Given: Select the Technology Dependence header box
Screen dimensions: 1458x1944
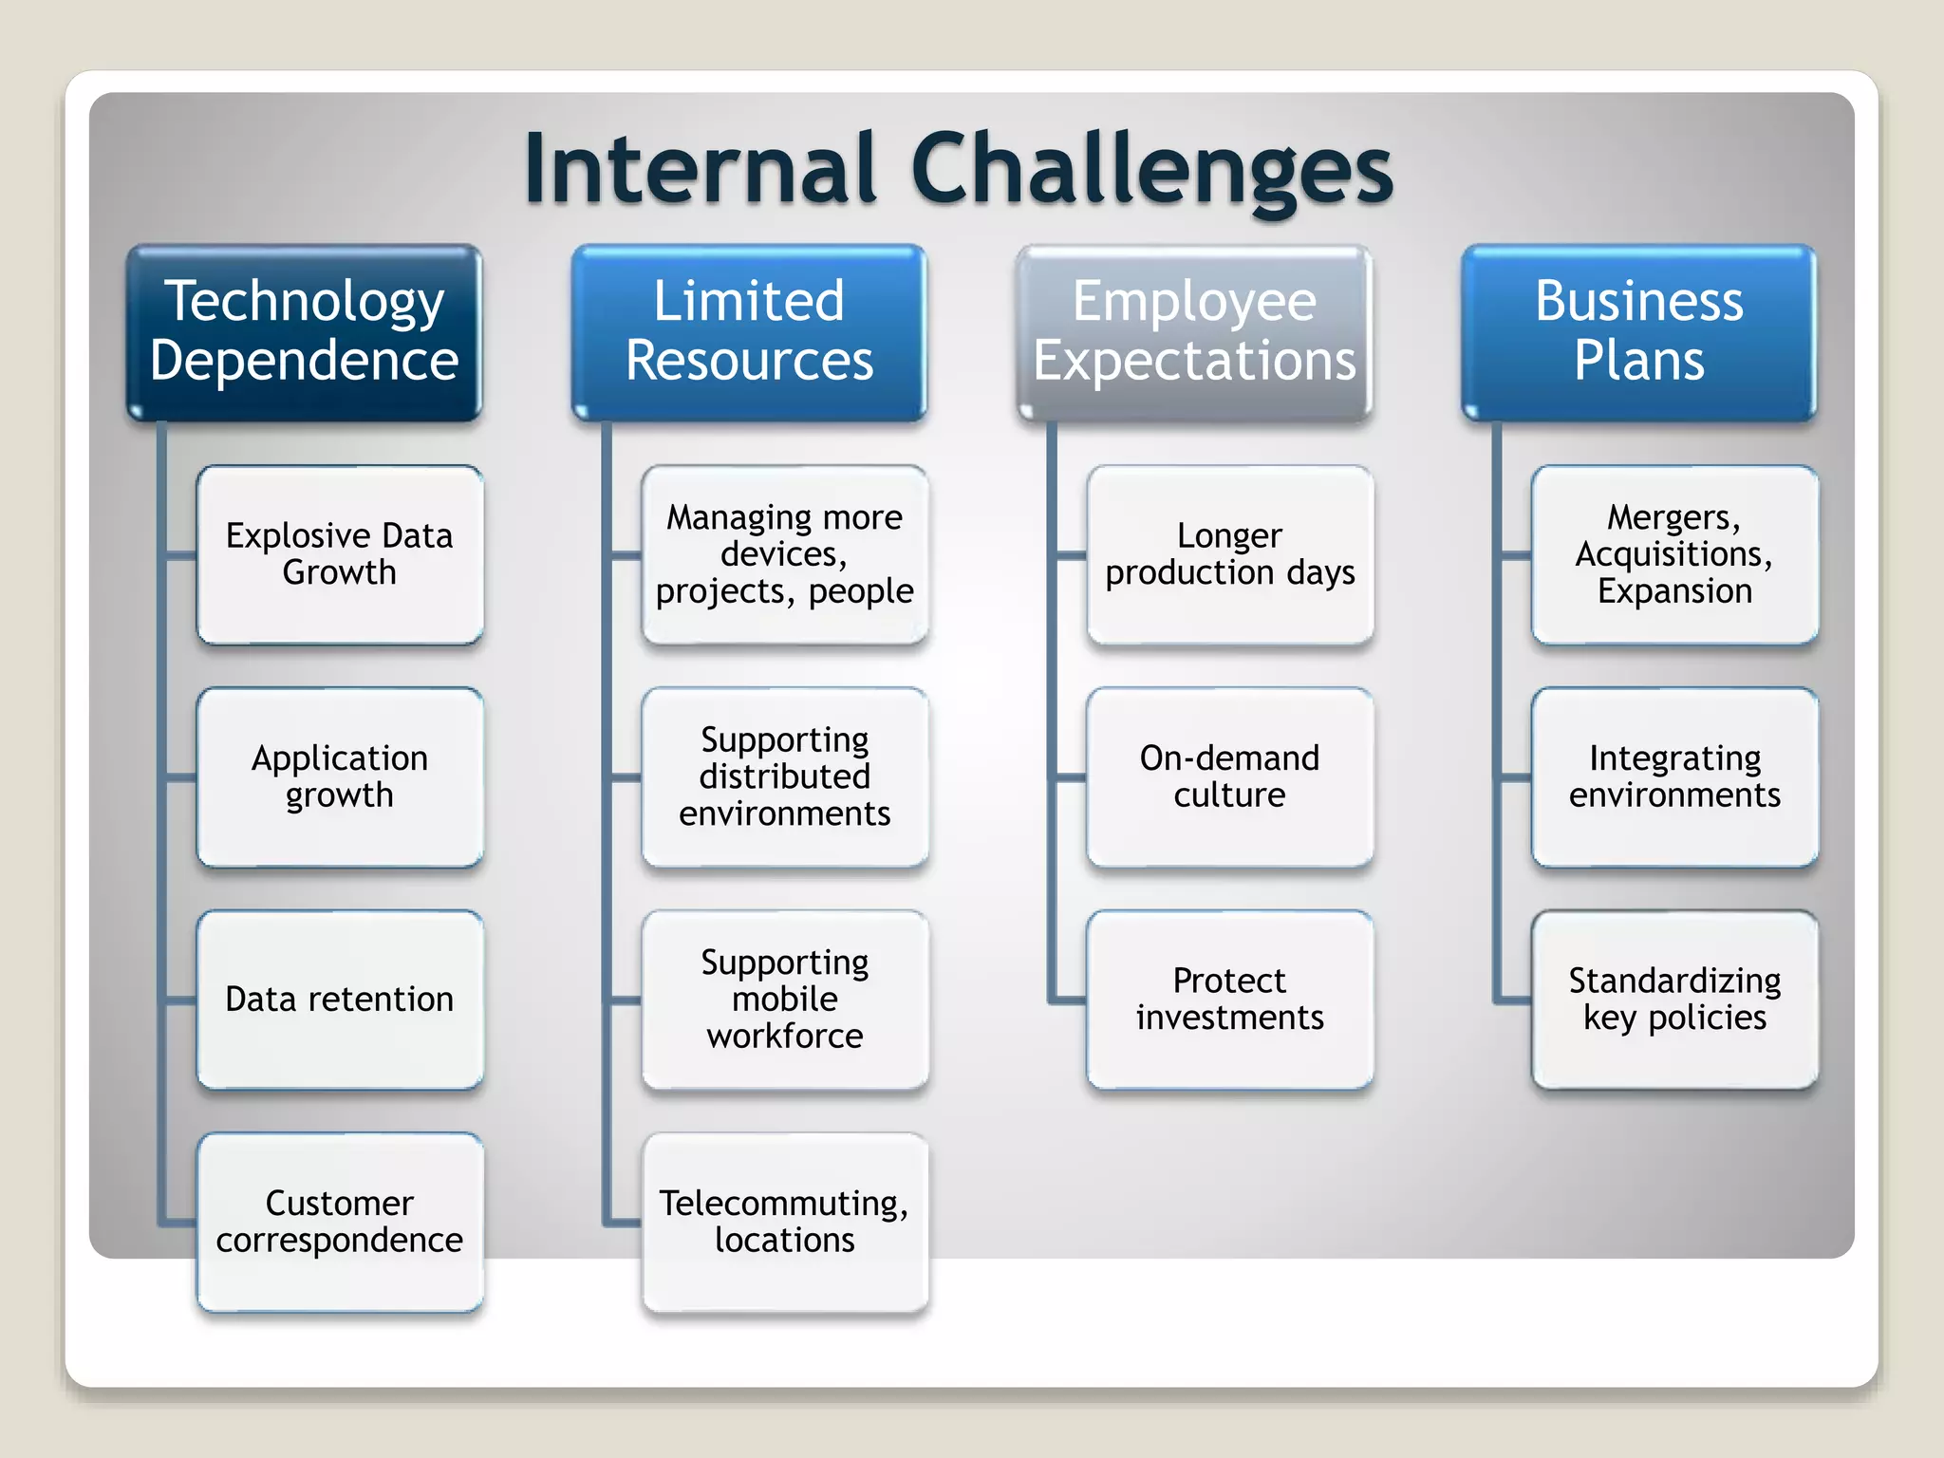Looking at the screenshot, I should tap(304, 331).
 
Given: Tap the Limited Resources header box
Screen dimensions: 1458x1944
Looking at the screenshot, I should tap(749, 331).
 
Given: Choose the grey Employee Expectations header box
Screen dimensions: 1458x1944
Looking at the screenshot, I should tap(1194, 331).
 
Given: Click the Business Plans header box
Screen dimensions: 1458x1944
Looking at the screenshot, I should tap(1638, 331).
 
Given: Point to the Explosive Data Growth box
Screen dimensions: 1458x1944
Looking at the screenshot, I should tap(340, 554).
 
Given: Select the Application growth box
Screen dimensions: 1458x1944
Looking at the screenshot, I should tap(340, 776).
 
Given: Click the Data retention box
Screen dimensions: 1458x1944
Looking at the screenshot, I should tap(340, 1000).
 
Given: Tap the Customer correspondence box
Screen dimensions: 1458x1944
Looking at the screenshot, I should tap(340, 1222).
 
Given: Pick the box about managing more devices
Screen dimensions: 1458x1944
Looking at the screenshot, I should tap(784, 554).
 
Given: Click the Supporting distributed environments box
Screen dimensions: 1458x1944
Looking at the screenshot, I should tap(784, 776).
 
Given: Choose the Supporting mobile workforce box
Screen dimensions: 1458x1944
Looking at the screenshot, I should tap(784, 1000).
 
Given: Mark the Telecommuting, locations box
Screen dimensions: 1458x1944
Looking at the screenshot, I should tap(784, 1222).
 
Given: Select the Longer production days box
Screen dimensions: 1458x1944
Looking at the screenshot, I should tap(1229, 554).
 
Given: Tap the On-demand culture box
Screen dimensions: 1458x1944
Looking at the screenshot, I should tap(1229, 776).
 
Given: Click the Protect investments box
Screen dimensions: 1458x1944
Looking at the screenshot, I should tap(1229, 1000).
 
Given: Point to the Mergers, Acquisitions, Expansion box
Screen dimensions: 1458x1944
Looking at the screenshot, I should tap(1674, 554).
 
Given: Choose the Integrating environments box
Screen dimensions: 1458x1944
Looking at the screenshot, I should tap(1674, 776).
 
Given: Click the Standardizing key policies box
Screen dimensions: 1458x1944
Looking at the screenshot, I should tap(1674, 1000).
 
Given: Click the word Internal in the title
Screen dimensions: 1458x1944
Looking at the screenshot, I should tap(700, 169).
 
